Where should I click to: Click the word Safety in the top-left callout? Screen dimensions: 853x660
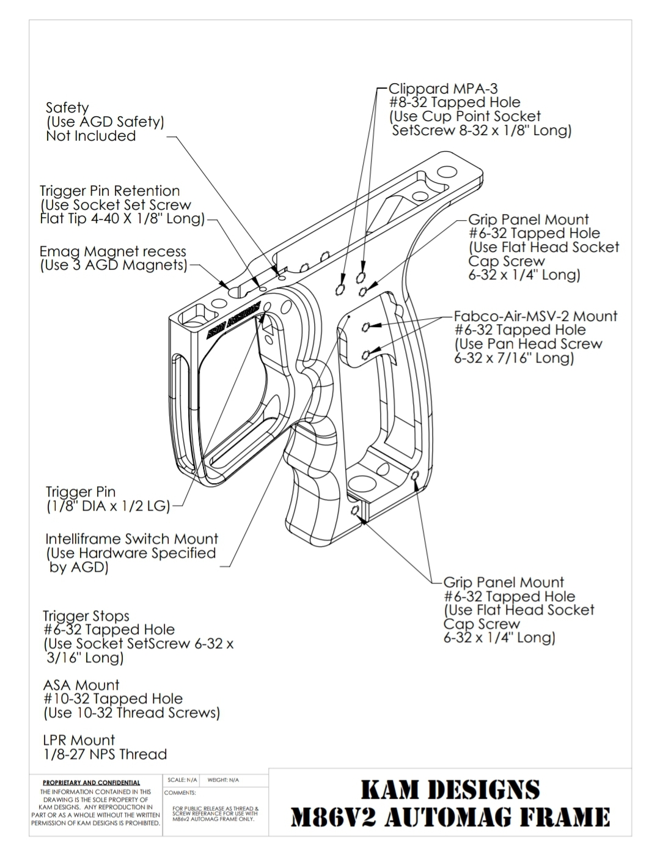point(67,108)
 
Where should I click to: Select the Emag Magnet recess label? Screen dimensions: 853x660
point(113,251)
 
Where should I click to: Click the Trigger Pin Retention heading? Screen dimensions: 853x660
point(110,191)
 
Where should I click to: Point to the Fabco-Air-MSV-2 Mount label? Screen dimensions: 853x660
point(535,316)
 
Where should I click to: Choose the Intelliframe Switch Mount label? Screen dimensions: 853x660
point(131,539)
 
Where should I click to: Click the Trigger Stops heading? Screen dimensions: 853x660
point(86,616)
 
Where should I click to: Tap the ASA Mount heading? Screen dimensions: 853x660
point(81,685)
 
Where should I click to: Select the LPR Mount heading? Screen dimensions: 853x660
point(79,740)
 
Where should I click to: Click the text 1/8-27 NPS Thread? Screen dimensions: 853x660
point(105,754)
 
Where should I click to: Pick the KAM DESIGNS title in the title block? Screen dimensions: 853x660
point(450,789)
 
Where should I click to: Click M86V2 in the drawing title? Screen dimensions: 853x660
point(332,817)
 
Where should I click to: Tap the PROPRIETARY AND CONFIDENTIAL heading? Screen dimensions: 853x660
point(91,783)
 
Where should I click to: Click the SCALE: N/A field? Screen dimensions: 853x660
point(182,780)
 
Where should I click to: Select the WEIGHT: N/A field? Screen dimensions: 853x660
point(223,780)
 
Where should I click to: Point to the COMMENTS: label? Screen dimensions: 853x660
point(180,792)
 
